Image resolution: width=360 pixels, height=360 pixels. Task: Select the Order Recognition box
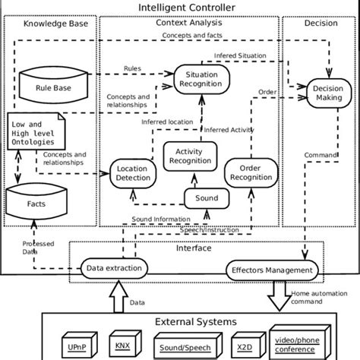[251, 172]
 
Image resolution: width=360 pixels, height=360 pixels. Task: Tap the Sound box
[207, 198]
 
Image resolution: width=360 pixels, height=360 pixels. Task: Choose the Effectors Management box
[270, 270]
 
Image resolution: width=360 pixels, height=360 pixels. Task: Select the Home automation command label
[317, 296]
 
